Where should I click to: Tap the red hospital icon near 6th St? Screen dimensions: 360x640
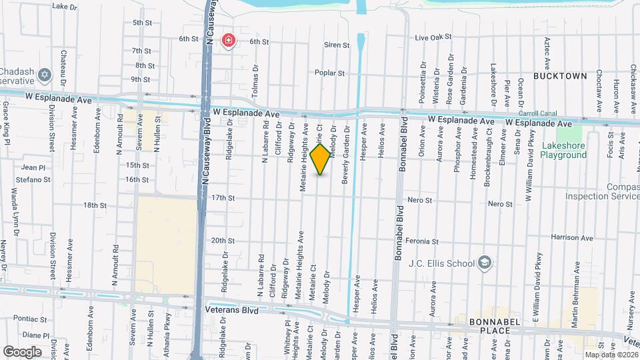pyautogui.click(x=229, y=41)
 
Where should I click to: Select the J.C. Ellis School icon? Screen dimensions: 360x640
pyautogui.click(x=485, y=263)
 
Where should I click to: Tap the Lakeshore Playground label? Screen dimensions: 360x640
pyautogui.click(x=565, y=150)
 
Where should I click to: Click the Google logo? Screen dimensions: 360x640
pyautogui.click(x=22, y=351)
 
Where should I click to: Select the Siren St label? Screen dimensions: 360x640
pyautogui.click(x=337, y=45)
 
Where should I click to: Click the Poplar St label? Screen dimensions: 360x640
pyautogui.click(x=330, y=73)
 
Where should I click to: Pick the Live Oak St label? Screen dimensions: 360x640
pyautogui.click(x=433, y=37)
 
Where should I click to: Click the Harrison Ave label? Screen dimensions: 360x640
pyautogui.click(x=572, y=238)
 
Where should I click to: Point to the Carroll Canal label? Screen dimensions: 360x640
pyautogui.click(x=537, y=113)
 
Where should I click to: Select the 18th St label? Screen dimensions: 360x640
pyautogui.click(x=95, y=205)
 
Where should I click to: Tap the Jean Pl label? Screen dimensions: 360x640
pyautogui.click(x=33, y=167)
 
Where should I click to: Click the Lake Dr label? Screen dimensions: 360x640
pyautogui.click(x=65, y=7)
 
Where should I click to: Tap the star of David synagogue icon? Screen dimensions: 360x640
pyautogui.click(x=45, y=74)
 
